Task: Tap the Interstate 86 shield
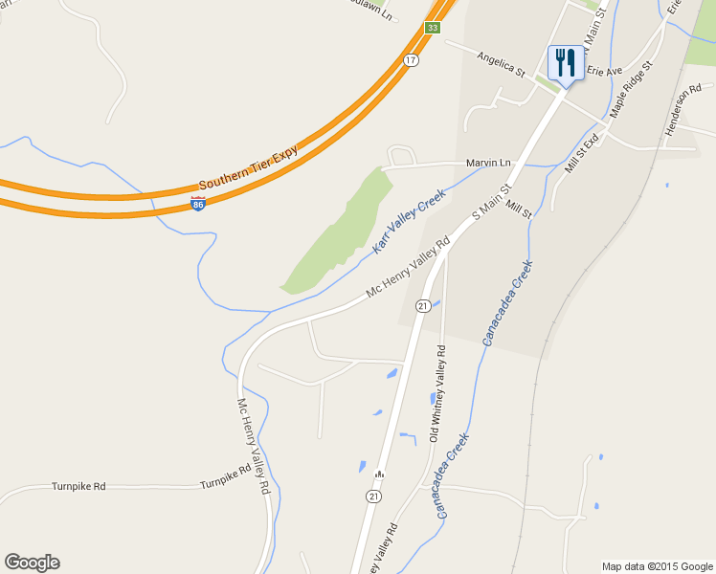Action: pos(197,204)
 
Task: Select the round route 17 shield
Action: pos(411,60)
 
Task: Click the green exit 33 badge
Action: pos(433,28)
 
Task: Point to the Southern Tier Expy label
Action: pos(249,167)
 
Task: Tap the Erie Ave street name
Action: pos(604,72)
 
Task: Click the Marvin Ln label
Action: pos(488,163)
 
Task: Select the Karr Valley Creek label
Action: pos(410,220)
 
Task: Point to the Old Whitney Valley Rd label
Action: pos(436,392)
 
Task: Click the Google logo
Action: pos(32,563)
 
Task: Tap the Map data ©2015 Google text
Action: pos(657,566)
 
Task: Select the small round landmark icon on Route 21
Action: pos(379,474)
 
